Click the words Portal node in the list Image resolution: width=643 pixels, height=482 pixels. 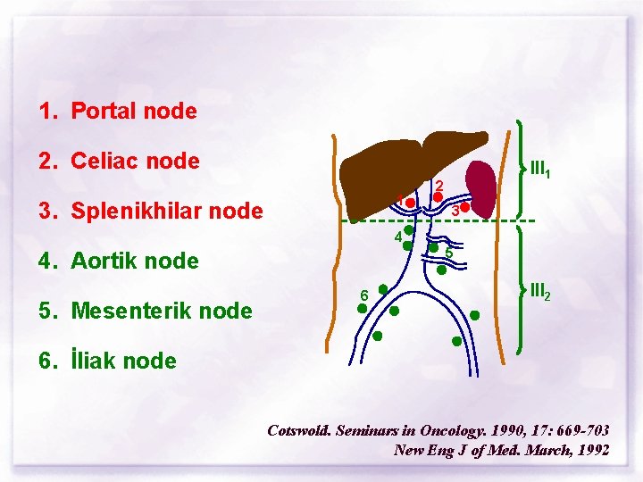(133, 112)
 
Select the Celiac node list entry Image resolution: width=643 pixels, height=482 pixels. (135, 162)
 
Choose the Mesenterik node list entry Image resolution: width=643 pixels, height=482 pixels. (161, 312)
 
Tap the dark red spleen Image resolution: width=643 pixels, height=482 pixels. (483, 188)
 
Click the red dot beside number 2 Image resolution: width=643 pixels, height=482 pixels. (438, 196)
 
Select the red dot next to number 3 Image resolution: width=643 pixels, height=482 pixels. (465, 207)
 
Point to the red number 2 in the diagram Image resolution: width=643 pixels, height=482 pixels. (439, 185)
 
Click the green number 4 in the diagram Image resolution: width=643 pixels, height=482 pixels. (397, 237)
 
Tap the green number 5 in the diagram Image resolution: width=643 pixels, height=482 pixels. (448, 254)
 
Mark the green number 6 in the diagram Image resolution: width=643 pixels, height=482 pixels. (363, 295)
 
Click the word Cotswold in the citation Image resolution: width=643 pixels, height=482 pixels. (299, 430)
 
